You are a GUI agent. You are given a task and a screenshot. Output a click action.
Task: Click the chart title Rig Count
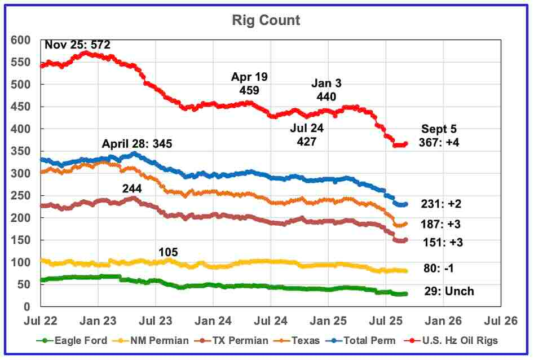pyautogui.click(x=266, y=21)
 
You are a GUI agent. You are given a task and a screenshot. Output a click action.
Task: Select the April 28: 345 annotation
pyautogui.click(x=137, y=144)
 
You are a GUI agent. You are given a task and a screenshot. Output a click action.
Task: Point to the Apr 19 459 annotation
pyautogui.click(x=249, y=84)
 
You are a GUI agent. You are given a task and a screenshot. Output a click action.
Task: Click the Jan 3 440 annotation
pyautogui.click(x=326, y=90)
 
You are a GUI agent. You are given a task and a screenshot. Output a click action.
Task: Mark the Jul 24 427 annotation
pyautogui.click(x=307, y=135)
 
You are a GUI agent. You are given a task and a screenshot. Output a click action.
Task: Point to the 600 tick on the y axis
pyautogui.click(x=21, y=41)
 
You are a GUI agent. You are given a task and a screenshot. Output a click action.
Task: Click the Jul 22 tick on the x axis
pyautogui.click(x=41, y=321)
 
